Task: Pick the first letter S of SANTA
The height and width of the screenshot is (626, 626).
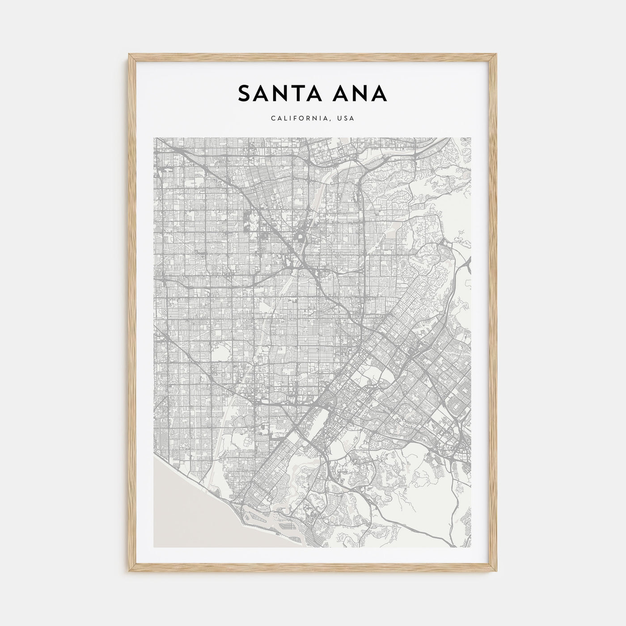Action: tap(245, 93)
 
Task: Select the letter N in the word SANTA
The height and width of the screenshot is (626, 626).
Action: tap(278, 93)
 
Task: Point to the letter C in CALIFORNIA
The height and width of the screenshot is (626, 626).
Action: tap(273, 119)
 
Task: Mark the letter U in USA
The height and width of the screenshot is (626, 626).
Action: tap(340, 119)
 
